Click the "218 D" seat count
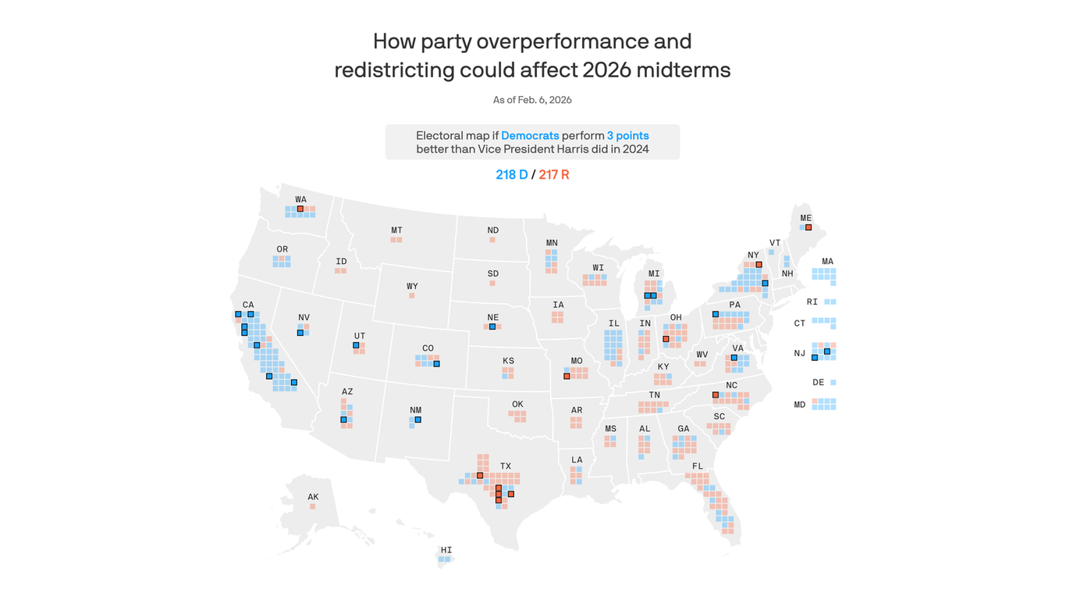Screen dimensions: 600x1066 click(511, 175)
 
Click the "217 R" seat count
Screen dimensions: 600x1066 click(554, 175)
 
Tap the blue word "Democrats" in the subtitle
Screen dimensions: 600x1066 click(530, 136)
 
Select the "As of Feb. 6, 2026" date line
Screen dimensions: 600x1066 click(532, 100)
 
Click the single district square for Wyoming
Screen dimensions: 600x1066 click(412, 295)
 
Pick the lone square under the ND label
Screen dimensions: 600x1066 click(492, 240)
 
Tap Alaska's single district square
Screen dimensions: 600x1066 click(313, 506)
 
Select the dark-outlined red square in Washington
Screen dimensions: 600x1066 click(300, 209)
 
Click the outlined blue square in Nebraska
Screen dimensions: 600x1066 click(492, 327)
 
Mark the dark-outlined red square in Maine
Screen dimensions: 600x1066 click(808, 227)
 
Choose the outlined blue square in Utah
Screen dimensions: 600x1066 click(356, 345)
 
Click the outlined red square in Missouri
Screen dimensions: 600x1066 click(567, 377)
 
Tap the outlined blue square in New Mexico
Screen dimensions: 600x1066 click(418, 420)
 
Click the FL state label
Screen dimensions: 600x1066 click(698, 466)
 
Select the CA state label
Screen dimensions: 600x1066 click(248, 305)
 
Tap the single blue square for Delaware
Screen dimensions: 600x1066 click(833, 383)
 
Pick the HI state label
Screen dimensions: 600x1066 click(446, 550)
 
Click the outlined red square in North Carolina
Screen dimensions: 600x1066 click(716, 395)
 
